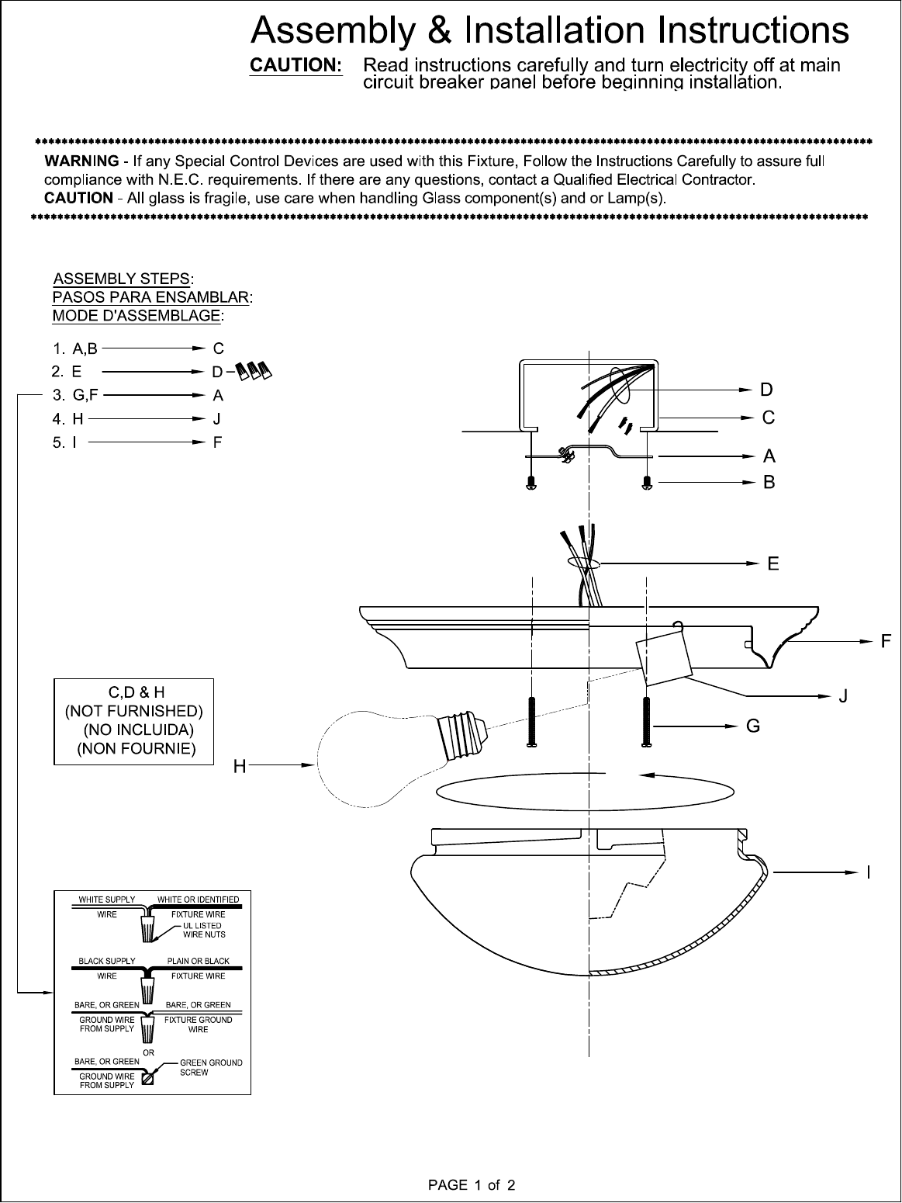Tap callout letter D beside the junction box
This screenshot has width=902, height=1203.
coord(766,388)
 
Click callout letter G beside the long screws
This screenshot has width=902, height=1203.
coord(752,726)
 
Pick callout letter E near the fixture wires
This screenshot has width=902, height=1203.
coord(773,563)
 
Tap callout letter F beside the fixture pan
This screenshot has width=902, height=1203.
coord(885,642)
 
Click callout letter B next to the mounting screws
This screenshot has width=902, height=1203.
coord(769,483)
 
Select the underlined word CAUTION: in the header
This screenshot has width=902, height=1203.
coord(295,65)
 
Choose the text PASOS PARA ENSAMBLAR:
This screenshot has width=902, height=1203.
coord(153,296)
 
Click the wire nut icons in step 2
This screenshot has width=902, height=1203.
coord(254,371)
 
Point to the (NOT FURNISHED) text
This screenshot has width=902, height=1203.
coord(133,710)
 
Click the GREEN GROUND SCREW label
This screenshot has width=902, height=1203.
coord(210,1067)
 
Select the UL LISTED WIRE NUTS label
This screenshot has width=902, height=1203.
coord(202,930)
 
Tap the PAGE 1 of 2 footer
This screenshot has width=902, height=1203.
coord(472,1185)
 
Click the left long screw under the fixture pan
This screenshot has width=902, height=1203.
coord(532,722)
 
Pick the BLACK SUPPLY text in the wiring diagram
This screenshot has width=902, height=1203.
coord(107,961)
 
